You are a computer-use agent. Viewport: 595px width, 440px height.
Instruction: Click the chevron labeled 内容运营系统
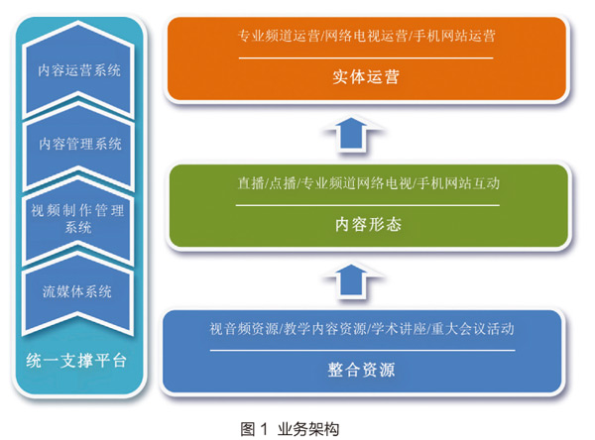[x=78, y=70]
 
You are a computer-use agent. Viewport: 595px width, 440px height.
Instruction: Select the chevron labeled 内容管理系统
[x=78, y=144]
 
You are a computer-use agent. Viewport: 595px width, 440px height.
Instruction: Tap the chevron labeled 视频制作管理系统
[x=78, y=219]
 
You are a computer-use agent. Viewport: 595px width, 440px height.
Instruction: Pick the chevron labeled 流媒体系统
[x=78, y=292]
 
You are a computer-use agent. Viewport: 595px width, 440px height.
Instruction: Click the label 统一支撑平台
[x=76, y=361]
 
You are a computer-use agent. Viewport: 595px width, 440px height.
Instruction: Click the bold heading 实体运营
[x=366, y=77]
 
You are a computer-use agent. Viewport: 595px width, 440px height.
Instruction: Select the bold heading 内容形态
[x=368, y=224]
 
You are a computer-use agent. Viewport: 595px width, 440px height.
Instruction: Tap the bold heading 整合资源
[x=361, y=370]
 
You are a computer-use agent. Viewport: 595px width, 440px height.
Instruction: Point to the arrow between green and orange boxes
[x=352, y=134]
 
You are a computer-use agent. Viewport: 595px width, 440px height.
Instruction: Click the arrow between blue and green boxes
[x=352, y=281]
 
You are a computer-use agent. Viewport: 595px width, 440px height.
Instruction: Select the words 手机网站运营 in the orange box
[x=454, y=36]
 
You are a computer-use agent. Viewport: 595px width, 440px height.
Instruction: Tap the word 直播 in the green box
[x=251, y=183]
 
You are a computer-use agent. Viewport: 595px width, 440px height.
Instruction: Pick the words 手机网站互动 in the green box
[x=458, y=183]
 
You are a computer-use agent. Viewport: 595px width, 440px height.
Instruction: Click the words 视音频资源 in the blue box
[x=244, y=328]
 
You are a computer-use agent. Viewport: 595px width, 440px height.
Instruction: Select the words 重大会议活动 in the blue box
[x=472, y=328]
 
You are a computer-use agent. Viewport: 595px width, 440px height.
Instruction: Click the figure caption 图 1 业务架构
[x=290, y=429]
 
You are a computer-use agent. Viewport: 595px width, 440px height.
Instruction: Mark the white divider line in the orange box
[x=366, y=58]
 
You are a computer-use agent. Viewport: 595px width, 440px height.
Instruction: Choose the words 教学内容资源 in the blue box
[x=325, y=328]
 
